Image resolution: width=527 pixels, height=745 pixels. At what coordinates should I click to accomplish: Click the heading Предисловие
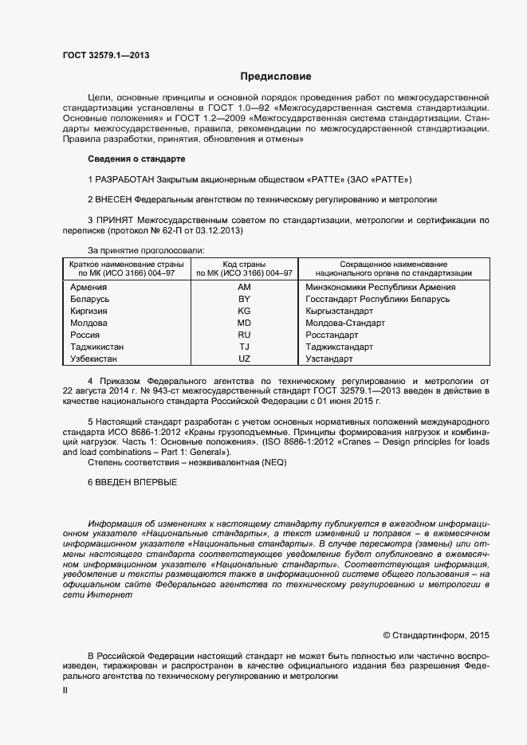[x=276, y=76]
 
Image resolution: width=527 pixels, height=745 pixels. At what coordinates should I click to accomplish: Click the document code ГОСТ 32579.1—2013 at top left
[x=106, y=55]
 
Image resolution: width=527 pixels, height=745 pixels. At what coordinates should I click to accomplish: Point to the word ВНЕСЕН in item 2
[x=113, y=199]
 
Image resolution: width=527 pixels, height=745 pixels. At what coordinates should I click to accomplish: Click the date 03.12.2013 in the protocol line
[x=218, y=230]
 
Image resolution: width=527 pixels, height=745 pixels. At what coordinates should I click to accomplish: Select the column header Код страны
[x=244, y=264]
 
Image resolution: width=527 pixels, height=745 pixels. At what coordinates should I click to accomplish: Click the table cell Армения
[x=88, y=287]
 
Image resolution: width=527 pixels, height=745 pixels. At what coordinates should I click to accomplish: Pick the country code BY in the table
[x=244, y=299]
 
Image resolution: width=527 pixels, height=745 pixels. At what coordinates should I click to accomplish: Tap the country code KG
[x=244, y=311]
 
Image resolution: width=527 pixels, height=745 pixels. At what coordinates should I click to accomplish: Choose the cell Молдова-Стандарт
[x=345, y=323]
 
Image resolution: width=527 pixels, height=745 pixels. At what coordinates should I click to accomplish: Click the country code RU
[x=244, y=335]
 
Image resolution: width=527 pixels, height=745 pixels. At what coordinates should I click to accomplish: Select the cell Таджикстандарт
[x=339, y=347]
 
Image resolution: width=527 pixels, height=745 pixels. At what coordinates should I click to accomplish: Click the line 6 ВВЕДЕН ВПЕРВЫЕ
[x=132, y=483]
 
